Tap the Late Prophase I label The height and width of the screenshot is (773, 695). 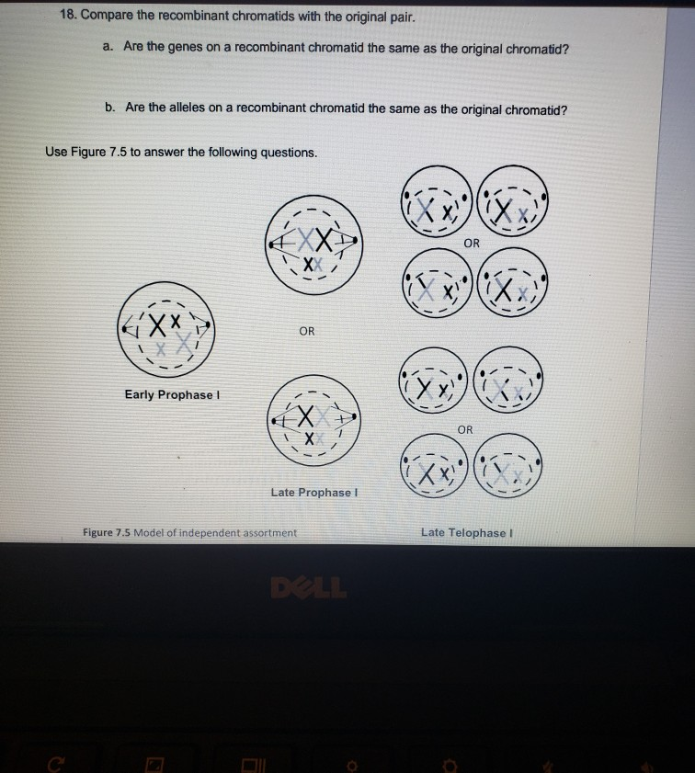click(x=313, y=492)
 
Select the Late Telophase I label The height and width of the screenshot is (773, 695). click(x=463, y=532)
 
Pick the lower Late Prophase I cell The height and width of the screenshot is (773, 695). click(x=312, y=424)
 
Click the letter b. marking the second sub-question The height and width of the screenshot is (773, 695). click(x=108, y=108)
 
